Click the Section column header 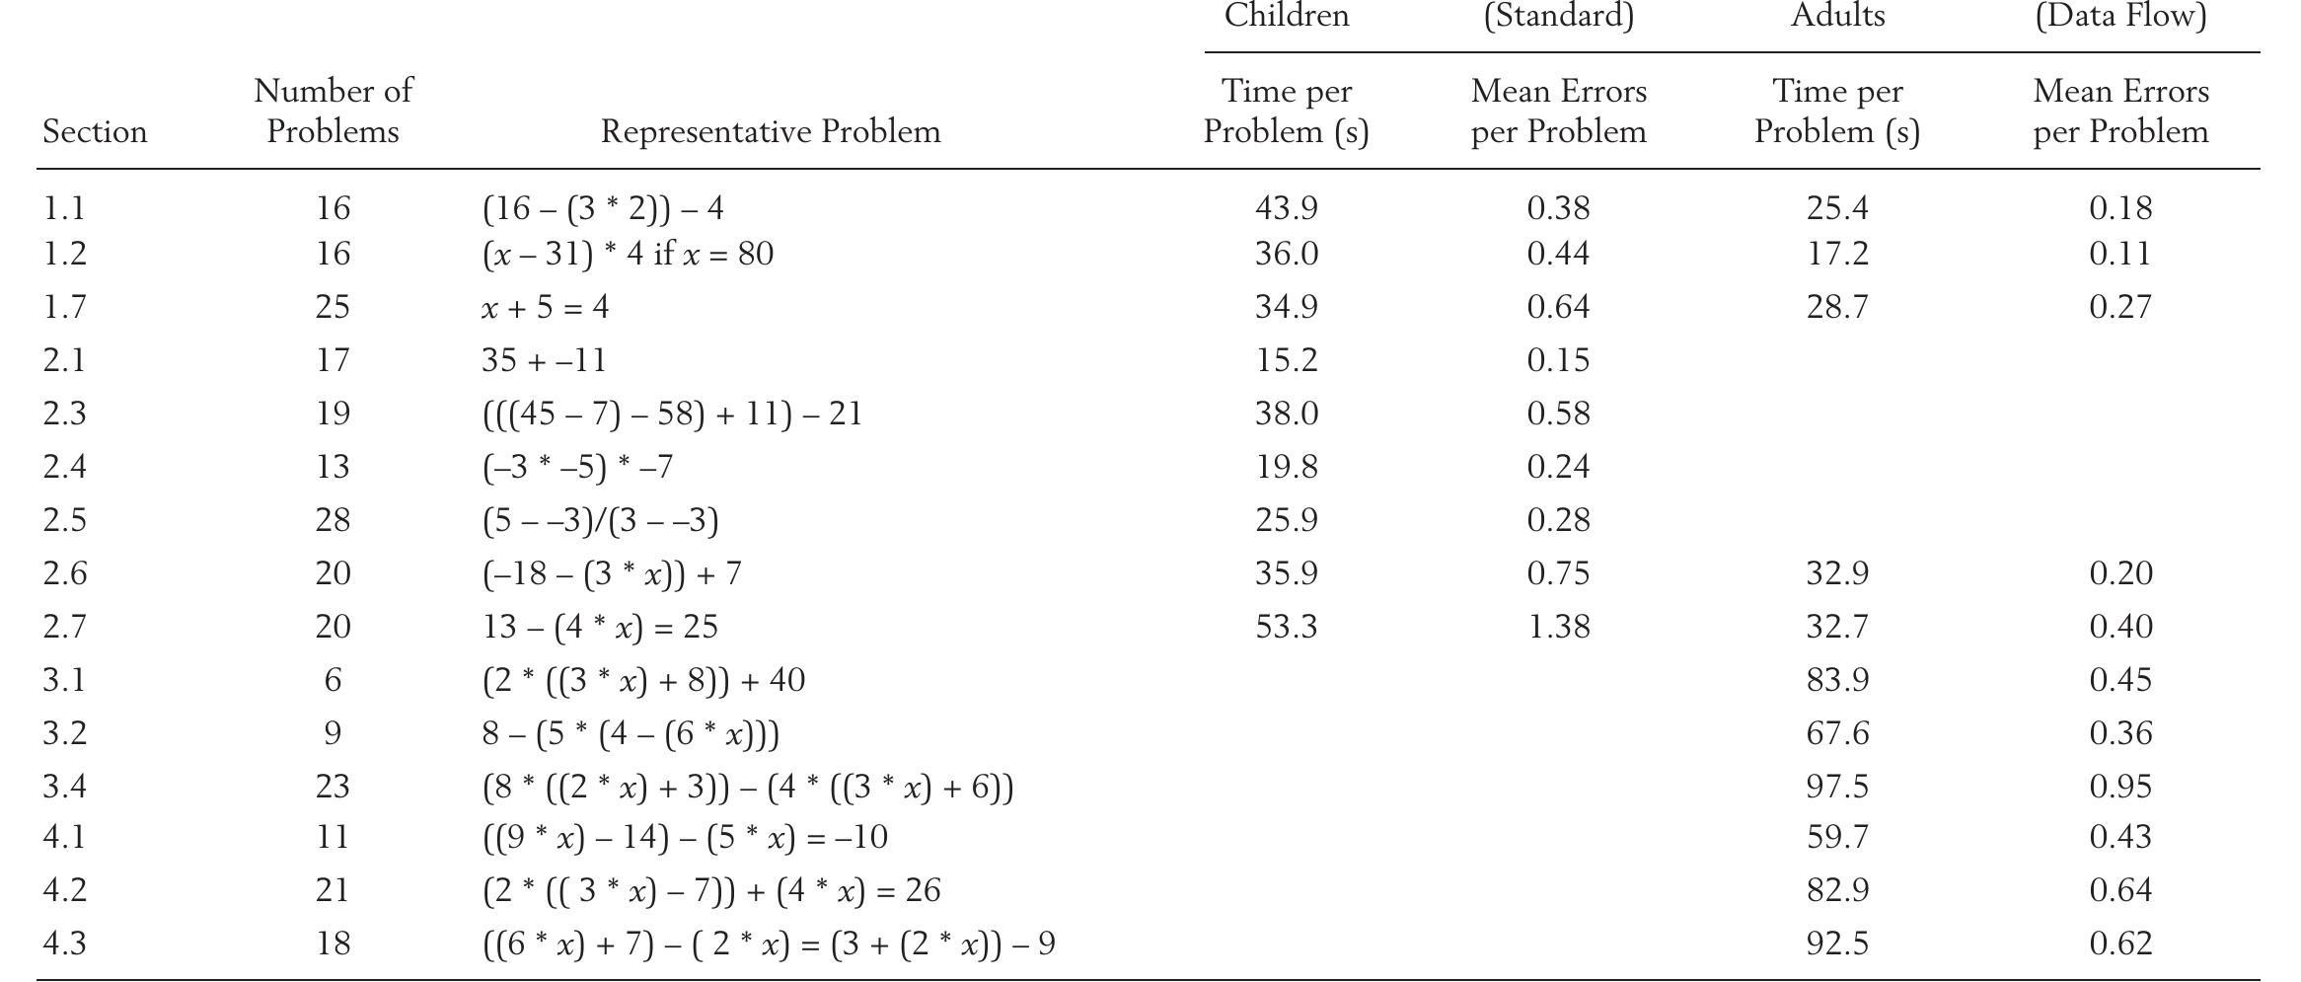click(x=95, y=131)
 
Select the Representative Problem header click(x=771, y=131)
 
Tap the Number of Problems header click(x=333, y=111)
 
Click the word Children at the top click(x=1286, y=16)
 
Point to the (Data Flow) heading click(x=2120, y=16)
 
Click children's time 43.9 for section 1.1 click(x=1286, y=208)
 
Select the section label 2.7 click(x=65, y=627)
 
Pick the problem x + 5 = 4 click(x=545, y=307)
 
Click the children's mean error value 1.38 click(x=1558, y=627)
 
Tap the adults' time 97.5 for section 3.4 click(x=1837, y=787)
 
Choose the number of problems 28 click(x=333, y=520)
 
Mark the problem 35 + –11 click(x=544, y=360)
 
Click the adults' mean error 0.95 click(x=2120, y=787)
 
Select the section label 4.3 click(x=65, y=944)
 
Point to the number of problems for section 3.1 click(x=333, y=680)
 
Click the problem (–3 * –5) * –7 click(x=577, y=467)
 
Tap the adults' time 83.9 click(x=1837, y=680)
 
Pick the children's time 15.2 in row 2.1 click(x=1286, y=360)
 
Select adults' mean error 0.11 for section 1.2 click(x=2120, y=254)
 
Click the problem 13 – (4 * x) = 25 click(x=600, y=627)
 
